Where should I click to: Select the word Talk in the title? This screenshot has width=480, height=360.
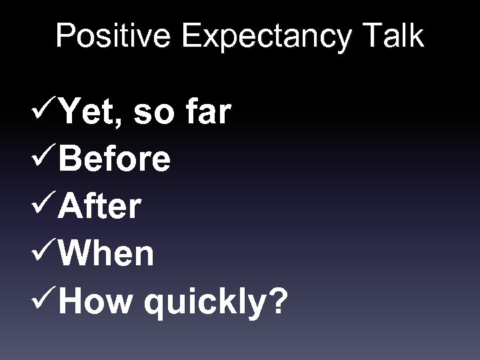(x=395, y=37)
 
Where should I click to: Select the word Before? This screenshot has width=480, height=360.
(x=113, y=161)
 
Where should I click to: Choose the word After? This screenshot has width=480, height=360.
(x=99, y=207)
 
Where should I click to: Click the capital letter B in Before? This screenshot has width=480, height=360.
(x=69, y=161)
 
